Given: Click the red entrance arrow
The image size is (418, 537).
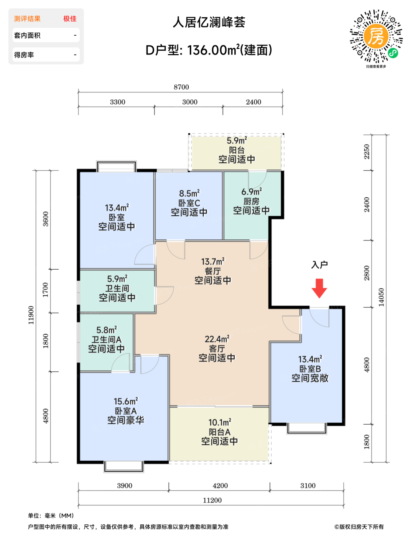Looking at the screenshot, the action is coord(319,288).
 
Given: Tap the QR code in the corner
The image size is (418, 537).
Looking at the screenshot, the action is coord(376,36).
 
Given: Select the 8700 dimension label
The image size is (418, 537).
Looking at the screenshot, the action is coord(181,87).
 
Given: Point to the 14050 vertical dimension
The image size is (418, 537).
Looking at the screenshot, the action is coord(382,297).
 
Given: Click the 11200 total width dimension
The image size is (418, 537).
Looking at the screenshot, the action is coord(212,500).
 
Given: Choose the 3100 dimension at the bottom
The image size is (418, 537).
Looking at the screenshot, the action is coord(308,486).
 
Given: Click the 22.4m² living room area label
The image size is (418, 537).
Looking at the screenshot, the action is coord(217,339).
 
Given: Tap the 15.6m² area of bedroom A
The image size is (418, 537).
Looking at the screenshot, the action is coord(126,401).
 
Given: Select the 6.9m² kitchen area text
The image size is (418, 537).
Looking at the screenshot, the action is coord(252,191).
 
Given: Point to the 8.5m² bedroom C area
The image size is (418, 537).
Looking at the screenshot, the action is coord(189,193).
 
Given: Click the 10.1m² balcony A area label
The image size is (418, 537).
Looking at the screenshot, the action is coord(220,422).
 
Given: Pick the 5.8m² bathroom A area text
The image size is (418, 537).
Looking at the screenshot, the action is coord(107,329).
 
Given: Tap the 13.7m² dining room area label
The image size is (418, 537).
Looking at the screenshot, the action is coord(213,261).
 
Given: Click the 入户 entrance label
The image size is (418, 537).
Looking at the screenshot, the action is coord(319,265).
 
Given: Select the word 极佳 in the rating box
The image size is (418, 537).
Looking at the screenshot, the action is coord(70,19).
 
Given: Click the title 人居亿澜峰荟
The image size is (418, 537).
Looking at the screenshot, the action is coord(209,22).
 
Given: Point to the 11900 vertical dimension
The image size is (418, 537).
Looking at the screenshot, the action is coord(31,315).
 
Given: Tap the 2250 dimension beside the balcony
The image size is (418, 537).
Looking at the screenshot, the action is coord(367,152).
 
